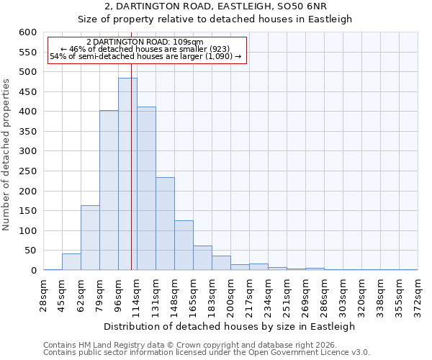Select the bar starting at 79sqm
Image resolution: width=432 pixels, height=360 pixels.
109,191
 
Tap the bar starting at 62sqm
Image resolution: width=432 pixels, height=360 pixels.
90,238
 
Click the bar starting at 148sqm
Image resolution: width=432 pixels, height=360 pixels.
184,246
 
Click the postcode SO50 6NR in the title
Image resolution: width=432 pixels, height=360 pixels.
302,6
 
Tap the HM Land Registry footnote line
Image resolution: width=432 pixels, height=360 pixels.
190,345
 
